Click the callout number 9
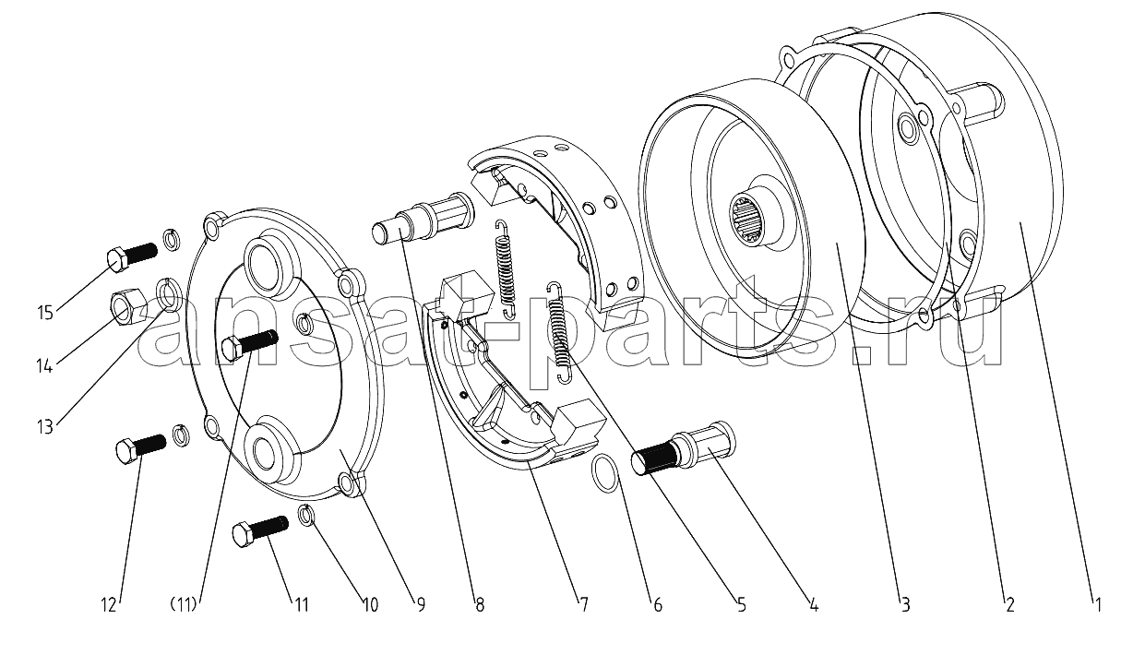[420, 605]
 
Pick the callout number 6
[658, 605]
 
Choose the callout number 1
[1097, 605]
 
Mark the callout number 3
[906, 605]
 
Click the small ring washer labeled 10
[307, 515]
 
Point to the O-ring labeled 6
[605, 473]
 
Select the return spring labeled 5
[559, 327]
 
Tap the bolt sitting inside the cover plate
[249, 344]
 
